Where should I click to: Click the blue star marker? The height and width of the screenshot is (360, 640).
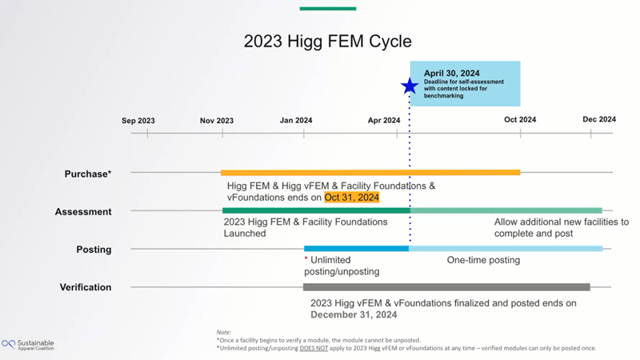coord(410,86)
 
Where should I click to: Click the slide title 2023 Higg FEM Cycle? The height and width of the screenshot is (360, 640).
coord(328,42)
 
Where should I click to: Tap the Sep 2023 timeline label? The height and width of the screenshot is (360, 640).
coord(138,121)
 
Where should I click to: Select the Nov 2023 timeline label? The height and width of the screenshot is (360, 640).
coord(217,121)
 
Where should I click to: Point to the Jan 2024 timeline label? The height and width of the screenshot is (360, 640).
coord(296,121)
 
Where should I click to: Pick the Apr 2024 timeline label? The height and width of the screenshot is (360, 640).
coord(384,121)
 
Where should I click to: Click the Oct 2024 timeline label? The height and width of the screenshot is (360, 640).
coord(520,119)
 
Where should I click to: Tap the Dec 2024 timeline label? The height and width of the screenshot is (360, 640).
coord(599,119)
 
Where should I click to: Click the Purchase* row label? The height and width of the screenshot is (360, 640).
coord(88,174)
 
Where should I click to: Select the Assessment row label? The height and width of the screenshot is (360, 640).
coord(83,212)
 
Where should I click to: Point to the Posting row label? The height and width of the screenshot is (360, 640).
coord(94,250)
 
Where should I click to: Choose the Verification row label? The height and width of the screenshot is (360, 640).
coord(86,287)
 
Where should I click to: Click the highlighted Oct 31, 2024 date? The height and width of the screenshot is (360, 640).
coord(352,198)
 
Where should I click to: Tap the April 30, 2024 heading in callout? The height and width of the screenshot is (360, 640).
coord(451,73)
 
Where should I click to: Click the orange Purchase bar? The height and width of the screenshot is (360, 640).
coord(370,173)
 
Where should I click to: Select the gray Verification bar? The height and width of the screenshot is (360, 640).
coord(446,287)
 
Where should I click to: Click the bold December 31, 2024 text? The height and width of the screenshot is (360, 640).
coord(354,314)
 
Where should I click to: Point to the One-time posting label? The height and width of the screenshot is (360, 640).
coord(483,260)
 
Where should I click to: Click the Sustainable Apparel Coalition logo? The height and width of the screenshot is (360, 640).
coord(28,345)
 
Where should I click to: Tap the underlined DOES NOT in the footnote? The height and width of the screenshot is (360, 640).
coord(314,348)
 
